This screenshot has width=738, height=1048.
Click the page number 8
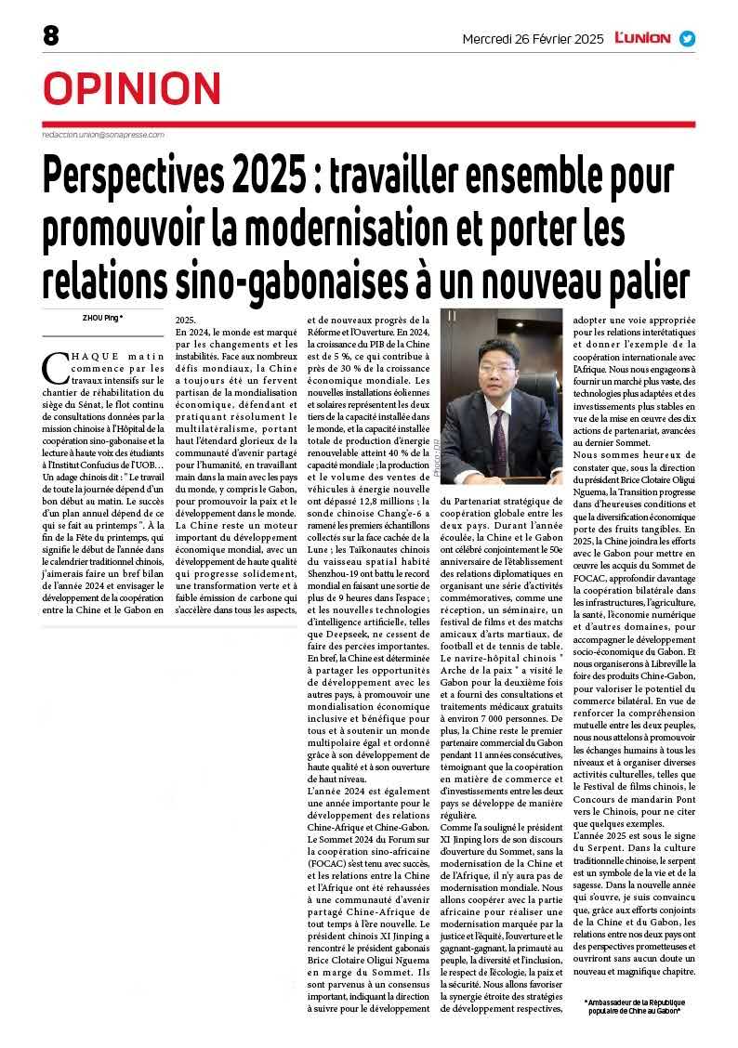pos(50,36)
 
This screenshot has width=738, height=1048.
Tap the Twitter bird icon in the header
pos(687,39)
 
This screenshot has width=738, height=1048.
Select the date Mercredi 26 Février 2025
pos(534,39)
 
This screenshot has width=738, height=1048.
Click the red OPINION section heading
pos(132,88)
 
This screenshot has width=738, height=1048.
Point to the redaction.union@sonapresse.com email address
pos(103,135)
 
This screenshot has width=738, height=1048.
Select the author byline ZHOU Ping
pos(101,319)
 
